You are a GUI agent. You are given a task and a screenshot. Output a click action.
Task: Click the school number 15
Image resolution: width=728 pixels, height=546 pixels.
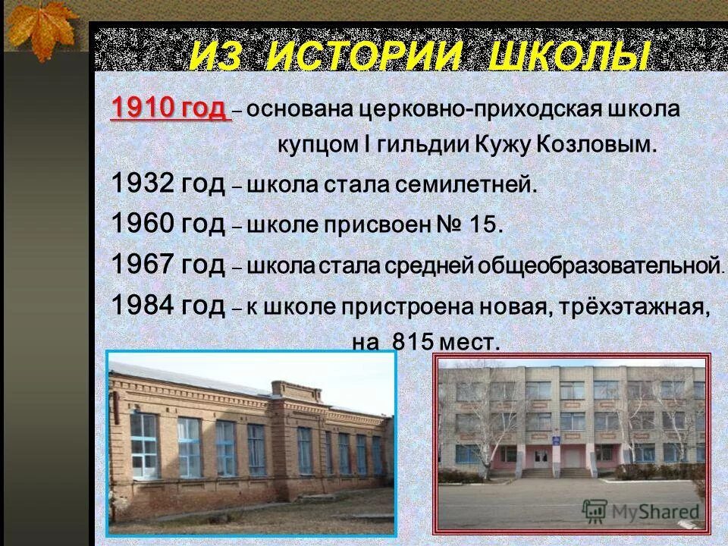tap(485, 224)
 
